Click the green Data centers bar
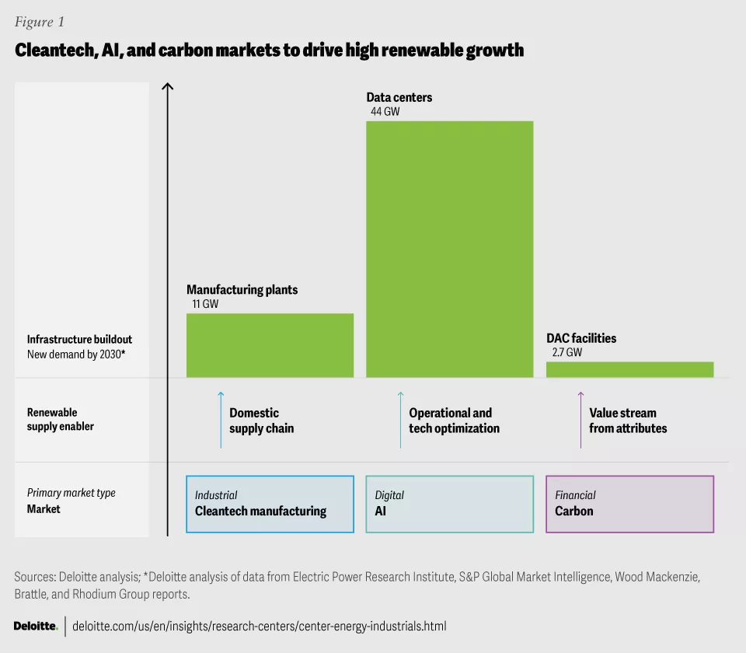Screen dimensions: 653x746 (x=449, y=249)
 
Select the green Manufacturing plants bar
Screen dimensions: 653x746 (x=270, y=345)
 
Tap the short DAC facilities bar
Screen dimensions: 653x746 (x=629, y=369)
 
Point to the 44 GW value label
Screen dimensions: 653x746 (x=385, y=111)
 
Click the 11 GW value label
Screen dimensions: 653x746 (x=205, y=304)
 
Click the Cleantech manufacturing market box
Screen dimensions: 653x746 (x=270, y=504)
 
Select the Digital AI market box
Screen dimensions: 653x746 (x=449, y=504)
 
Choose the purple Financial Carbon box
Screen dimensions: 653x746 (x=629, y=504)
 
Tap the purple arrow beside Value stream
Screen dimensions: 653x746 (x=580, y=420)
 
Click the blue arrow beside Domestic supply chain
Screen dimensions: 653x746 (x=221, y=420)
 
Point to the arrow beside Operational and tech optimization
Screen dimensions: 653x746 (x=401, y=420)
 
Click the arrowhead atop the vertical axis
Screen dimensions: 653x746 (x=167, y=85)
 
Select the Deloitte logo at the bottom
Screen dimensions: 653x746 (x=36, y=626)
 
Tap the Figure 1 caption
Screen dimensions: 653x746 (x=40, y=22)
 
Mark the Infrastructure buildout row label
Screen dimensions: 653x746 (x=80, y=339)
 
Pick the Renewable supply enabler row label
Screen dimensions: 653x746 (x=61, y=420)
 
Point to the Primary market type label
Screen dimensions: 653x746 (x=71, y=493)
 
